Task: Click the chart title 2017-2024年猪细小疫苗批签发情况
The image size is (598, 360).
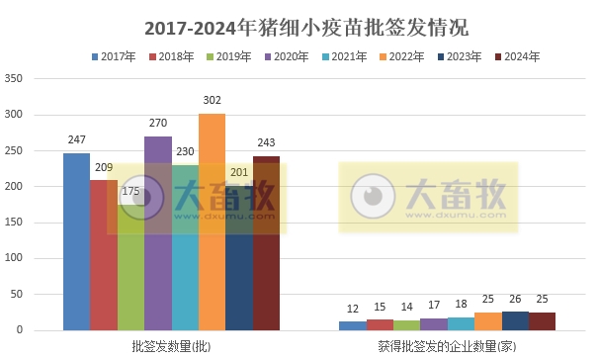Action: coord(299,27)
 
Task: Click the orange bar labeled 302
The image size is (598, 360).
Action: coord(212,223)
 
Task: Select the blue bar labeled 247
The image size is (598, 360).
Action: coord(76,242)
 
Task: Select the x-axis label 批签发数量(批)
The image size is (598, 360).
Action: coord(171,347)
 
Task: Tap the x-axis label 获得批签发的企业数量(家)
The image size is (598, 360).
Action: coord(447,347)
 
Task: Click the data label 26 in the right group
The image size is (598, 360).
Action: coord(515,301)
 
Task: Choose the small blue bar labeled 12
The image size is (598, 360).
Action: coord(353,325)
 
